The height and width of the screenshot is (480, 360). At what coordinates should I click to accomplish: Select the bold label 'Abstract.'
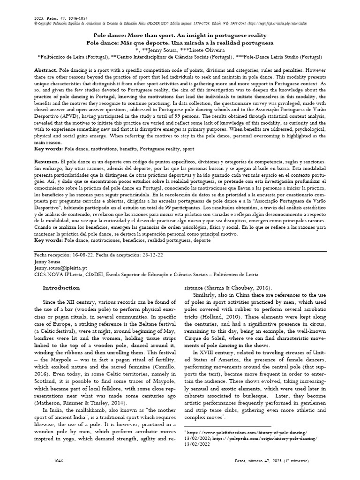[x=46, y=69]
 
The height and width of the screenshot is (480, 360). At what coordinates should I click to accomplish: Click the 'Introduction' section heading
[x=61, y=288]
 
